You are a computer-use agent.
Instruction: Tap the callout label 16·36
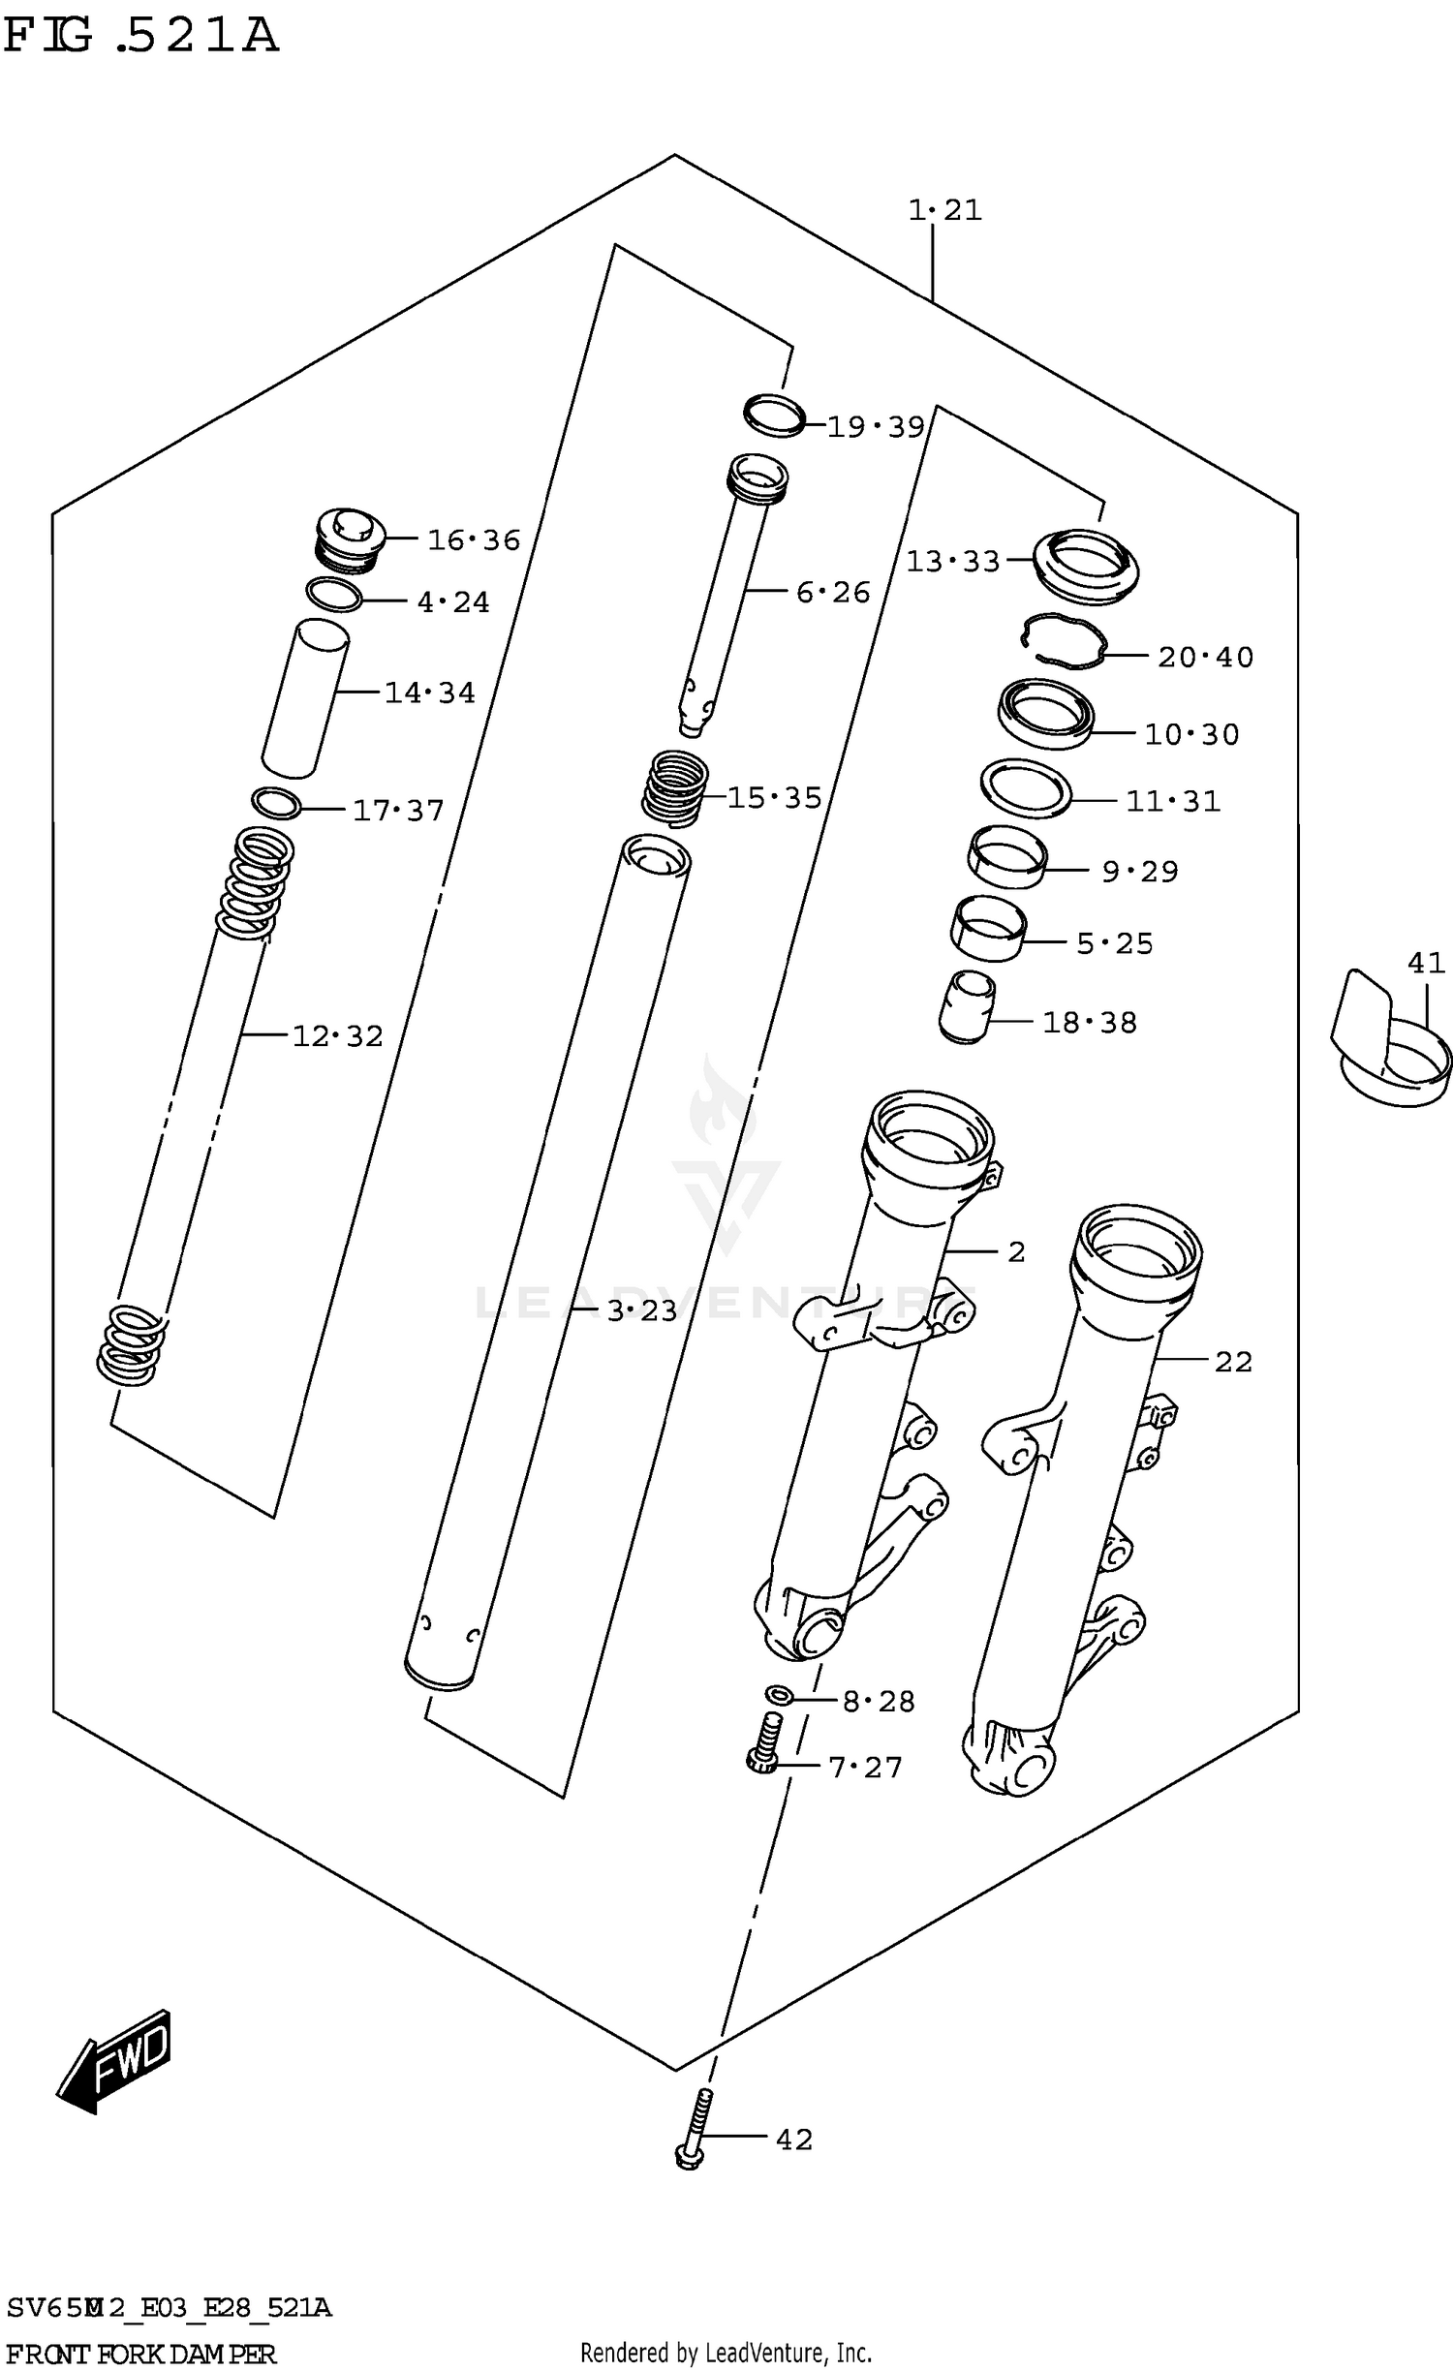click(x=474, y=539)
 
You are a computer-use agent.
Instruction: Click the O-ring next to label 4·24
click(x=333, y=595)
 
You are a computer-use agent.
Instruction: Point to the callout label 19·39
click(x=876, y=426)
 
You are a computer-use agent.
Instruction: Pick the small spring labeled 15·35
click(x=675, y=788)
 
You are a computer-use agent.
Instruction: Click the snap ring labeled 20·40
click(x=1064, y=642)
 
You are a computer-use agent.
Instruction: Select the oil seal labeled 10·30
click(x=1046, y=713)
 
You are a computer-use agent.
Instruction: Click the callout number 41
click(x=1426, y=963)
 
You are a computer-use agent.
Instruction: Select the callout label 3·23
click(x=641, y=1310)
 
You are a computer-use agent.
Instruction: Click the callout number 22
click(x=1233, y=1362)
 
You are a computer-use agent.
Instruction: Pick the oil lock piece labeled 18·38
click(x=966, y=1007)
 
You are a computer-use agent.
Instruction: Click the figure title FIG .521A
click(x=141, y=36)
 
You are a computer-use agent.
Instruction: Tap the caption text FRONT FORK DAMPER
click(x=141, y=2354)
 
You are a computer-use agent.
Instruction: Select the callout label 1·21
click(x=944, y=209)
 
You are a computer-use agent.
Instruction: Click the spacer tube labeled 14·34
click(x=305, y=697)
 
